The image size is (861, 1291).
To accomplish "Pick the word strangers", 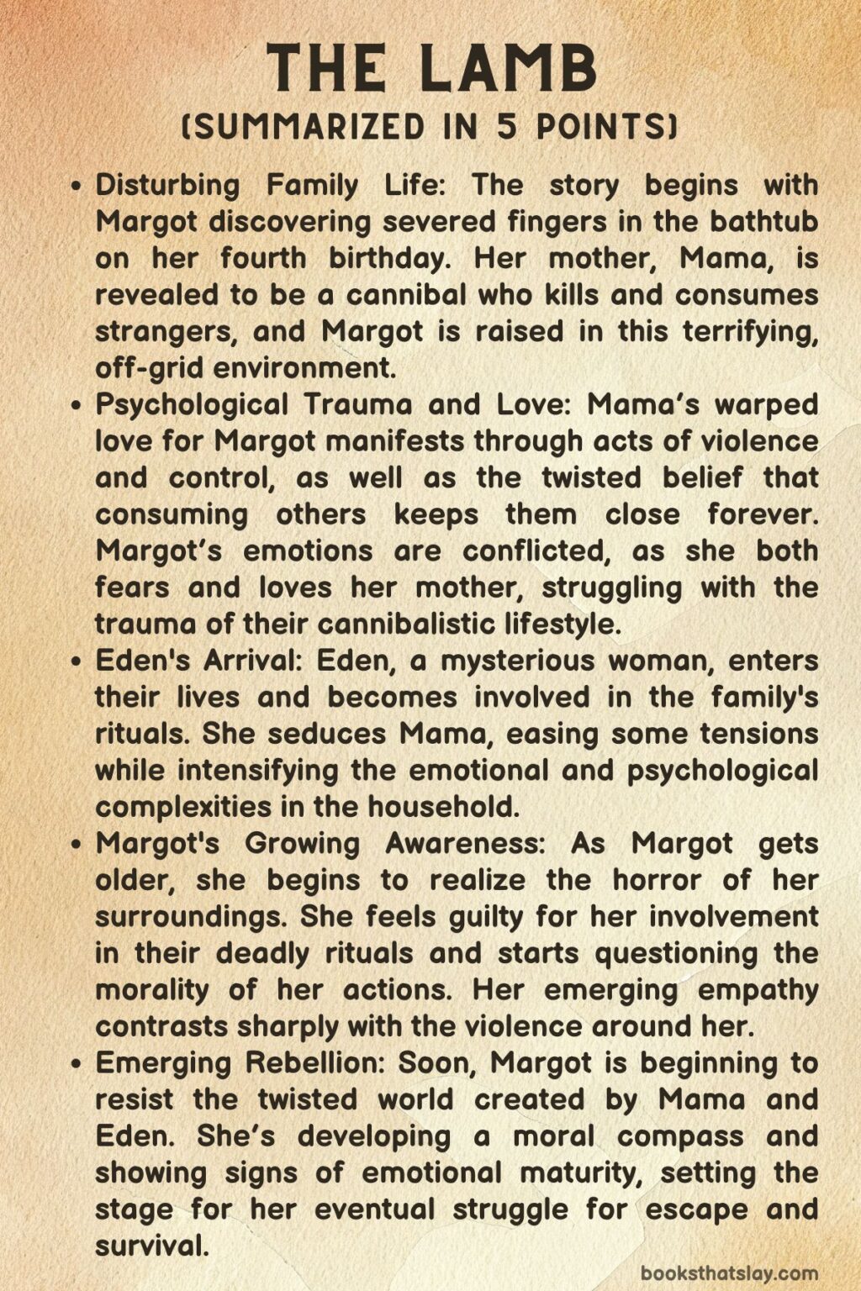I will (x=161, y=331).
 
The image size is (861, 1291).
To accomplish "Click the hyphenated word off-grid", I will (x=150, y=368).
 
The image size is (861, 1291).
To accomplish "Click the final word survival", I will (x=151, y=1246).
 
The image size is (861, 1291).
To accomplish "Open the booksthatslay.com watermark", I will (x=729, y=1273).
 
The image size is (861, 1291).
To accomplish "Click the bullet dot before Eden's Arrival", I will (x=77, y=662).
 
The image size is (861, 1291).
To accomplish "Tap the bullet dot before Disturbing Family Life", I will (x=77, y=187).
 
